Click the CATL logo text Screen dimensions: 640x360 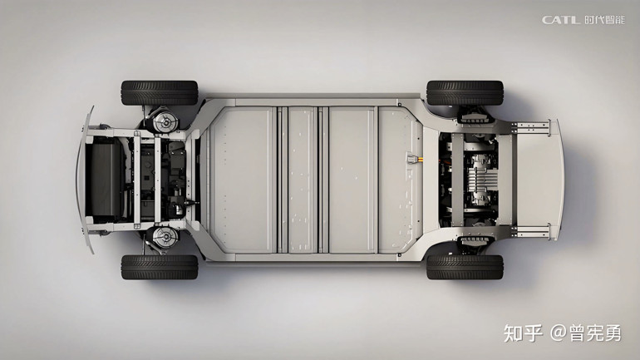pyautogui.click(x=561, y=20)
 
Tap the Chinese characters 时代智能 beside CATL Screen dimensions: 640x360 pyautogui.click(x=604, y=20)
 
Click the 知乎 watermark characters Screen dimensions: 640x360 pyautogui.click(x=523, y=333)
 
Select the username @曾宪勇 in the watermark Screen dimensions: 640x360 pyautogui.click(x=586, y=333)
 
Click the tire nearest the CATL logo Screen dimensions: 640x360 pyautogui.click(x=465, y=92)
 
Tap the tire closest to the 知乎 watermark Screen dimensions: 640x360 pyautogui.click(x=465, y=268)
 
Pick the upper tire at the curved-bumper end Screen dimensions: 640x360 pyautogui.click(x=160, y=92)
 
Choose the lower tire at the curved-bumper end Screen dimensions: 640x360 pyautogui.click(x=160, y=268)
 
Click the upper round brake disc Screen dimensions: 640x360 pyautogui.click(x=165, y=120)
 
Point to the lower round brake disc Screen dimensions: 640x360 pyautogui.click(x=165, y=239)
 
